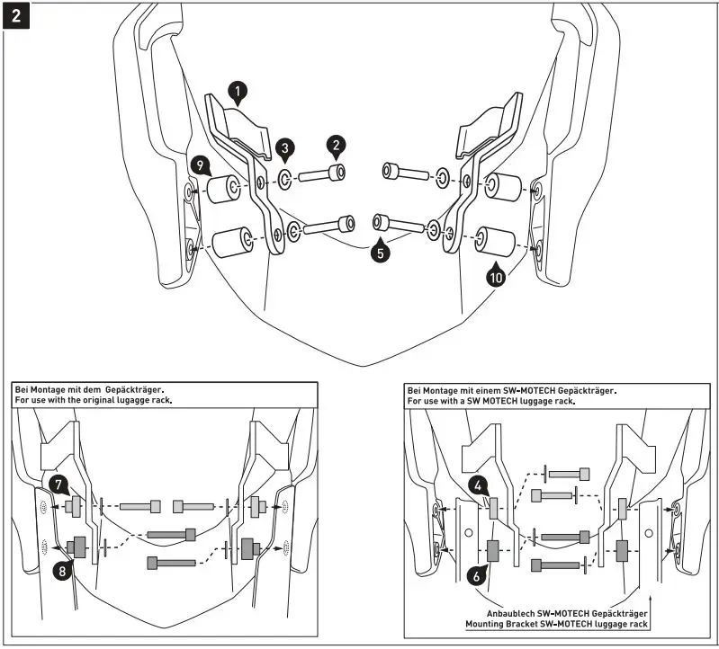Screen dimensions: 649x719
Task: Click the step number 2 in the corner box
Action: tap(16, 16)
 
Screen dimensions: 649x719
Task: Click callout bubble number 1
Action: tap(237, 91)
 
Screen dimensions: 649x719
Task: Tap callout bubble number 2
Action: tap(336, 144)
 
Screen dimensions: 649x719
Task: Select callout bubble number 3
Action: tap(283, 147)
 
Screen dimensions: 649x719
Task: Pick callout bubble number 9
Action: tap(200, 164)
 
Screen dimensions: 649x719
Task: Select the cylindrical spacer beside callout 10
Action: tap(494, 238)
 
